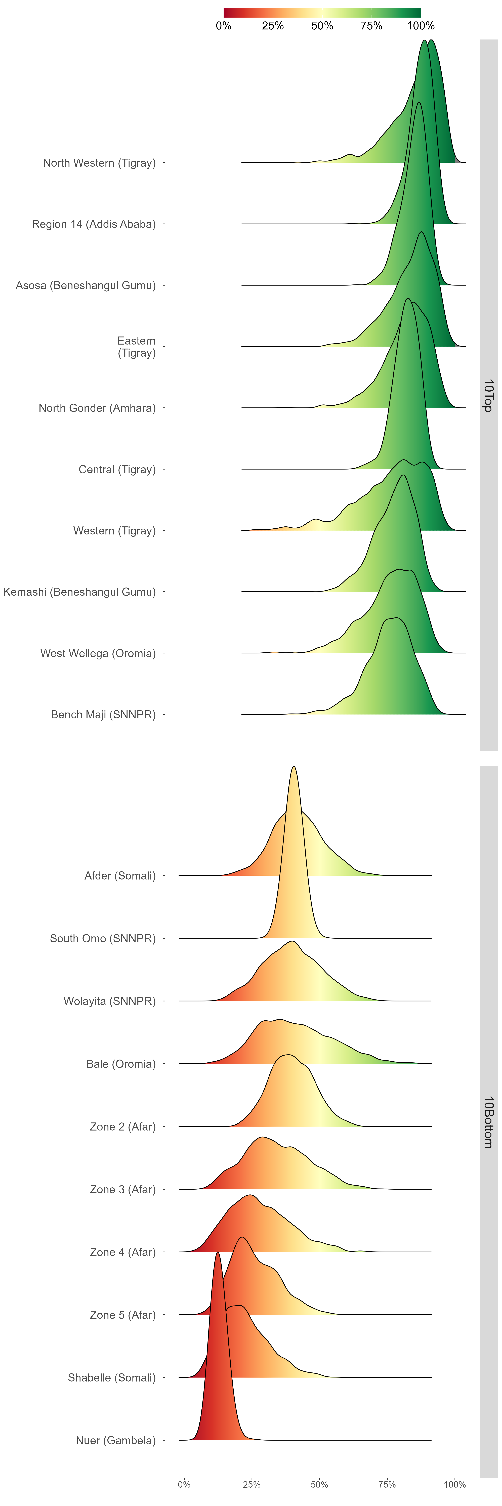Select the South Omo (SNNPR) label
[x=103, y=938]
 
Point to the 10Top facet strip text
[x=489, y=395]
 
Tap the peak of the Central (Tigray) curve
[x=407, y=299]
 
